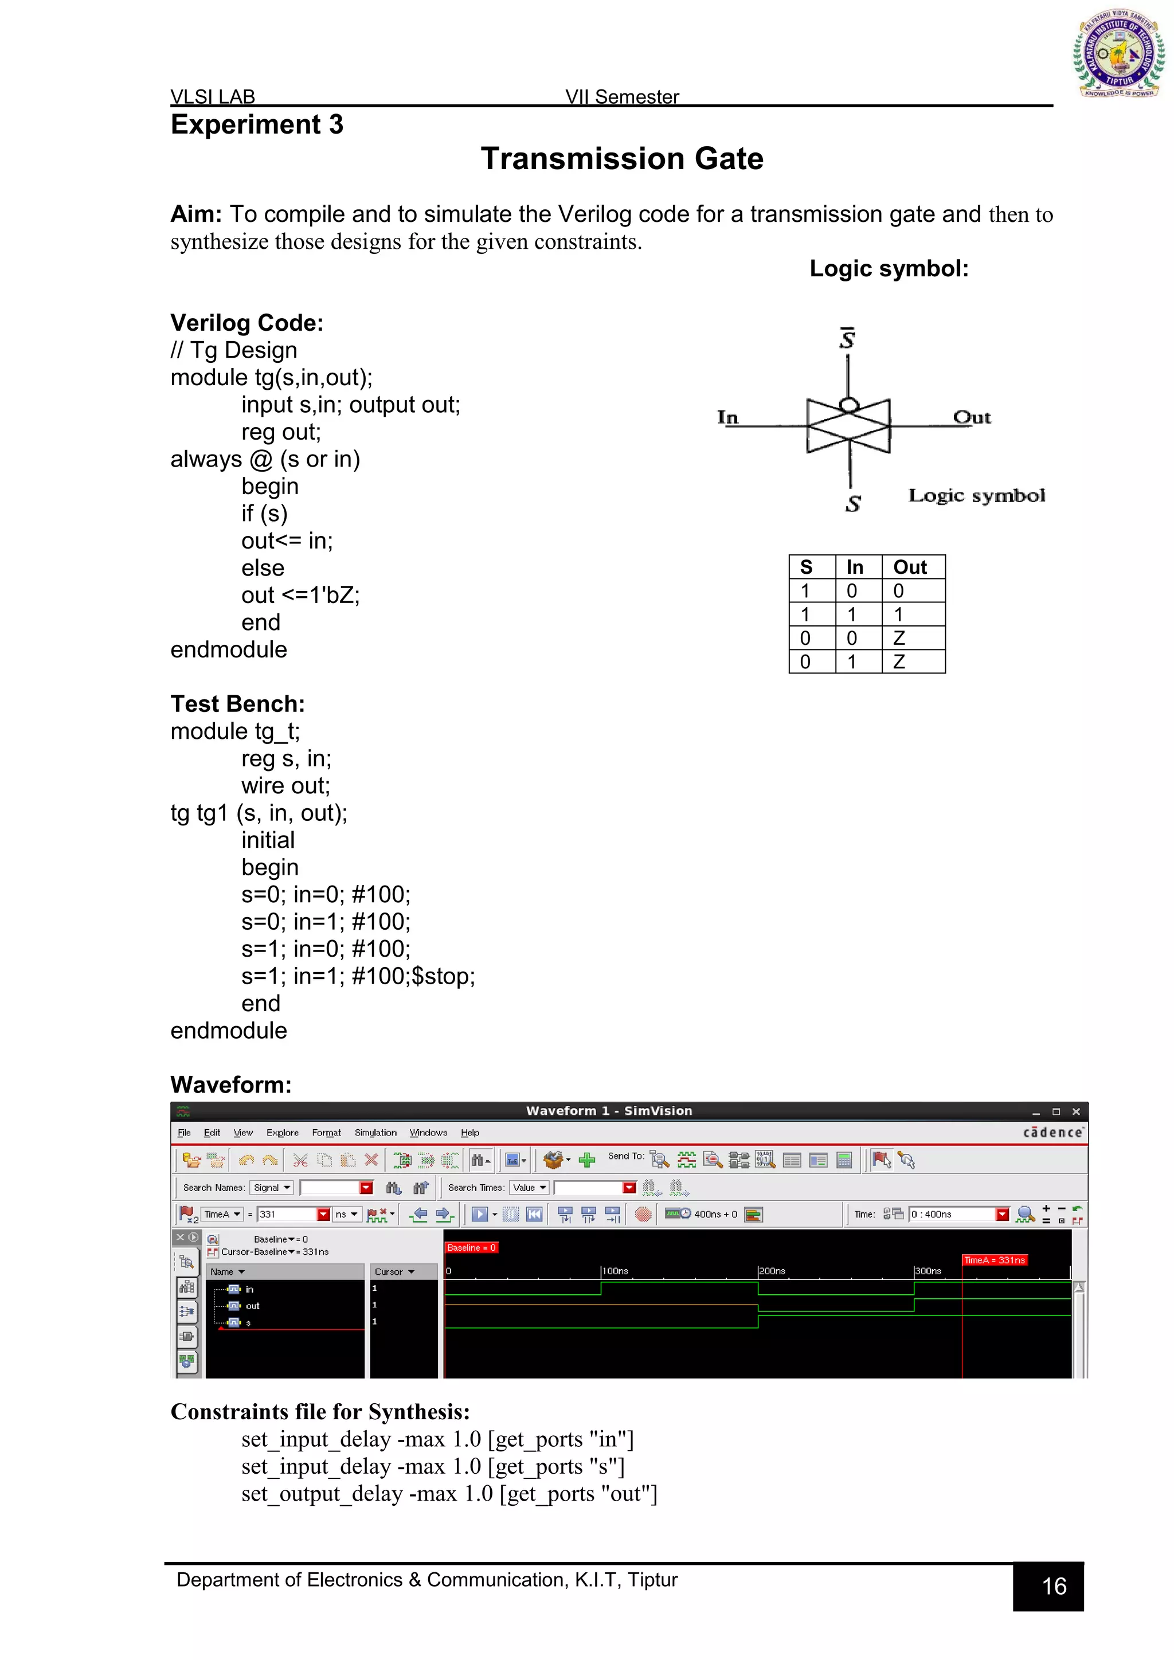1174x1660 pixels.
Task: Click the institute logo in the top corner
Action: [x=1118, y=54]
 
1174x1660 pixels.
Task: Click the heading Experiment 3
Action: [x=257, y=125]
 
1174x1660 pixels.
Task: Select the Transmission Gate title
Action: [x=622, y=159]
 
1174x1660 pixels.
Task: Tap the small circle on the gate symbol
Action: [x=850, y=405]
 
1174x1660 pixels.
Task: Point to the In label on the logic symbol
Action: [x=727, y=417]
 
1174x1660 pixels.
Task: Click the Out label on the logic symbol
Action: [x=972, y=417]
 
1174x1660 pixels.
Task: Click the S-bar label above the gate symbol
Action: [x=847, y=338]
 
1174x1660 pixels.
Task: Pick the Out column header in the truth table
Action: [x=909, y=567]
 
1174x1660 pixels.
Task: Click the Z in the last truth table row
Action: [x=899, y=661]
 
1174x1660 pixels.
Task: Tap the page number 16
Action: [x=1054, y=1586]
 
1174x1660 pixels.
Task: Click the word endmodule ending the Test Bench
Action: [x=229, y=1030]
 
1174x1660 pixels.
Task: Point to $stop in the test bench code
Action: [x=443, y=976]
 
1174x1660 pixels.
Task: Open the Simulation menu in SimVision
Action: [x=375, y=1133]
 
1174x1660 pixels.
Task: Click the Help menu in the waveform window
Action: [x=470, y=1133]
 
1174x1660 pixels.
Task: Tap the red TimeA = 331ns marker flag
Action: [x=995, y=1260]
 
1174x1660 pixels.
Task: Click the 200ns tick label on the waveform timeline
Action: [x=772, y=1271]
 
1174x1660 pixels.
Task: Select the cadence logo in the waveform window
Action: [x=1052, y=1132]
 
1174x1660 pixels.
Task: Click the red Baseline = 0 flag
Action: [x=471, y=1248]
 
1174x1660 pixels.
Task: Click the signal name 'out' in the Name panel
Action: [x=252, y=1306]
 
